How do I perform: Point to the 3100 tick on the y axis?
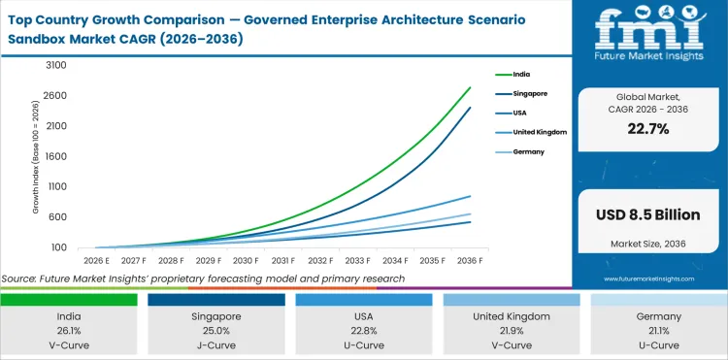[55, 65]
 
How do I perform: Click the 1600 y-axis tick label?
[55, 156]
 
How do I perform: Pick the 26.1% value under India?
[69, 330]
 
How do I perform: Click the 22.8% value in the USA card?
[364, 330]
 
